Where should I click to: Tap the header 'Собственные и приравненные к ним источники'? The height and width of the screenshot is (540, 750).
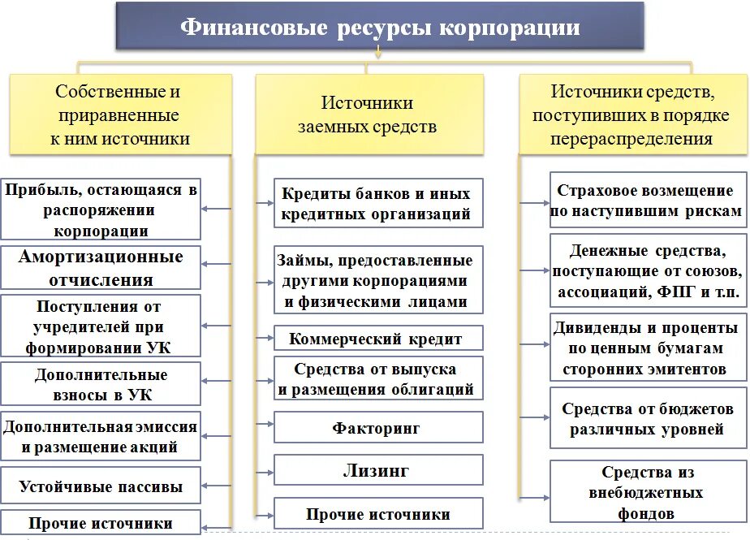pyautogui.click(x=119, y=114)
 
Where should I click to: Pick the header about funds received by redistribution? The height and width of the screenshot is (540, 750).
pyautogui.click(x=631, y=114)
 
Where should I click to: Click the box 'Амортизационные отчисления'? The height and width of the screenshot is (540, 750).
pyautogui.click(x=101, y=269)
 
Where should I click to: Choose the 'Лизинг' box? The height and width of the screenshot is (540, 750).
pyautogui.click(x=377, y=470)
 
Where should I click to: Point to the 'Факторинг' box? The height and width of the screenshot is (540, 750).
pyautogui.click(x=377, y=427)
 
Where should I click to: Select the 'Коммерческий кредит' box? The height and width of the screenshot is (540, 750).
pyautogui.click(x=377, y=339)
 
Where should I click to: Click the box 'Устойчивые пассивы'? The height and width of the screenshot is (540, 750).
pyautogui.click(x=101, y=487)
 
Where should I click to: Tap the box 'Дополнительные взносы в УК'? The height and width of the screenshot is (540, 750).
pyautogui.click(x=101, y=385)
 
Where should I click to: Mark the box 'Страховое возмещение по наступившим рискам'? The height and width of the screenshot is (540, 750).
pyautogui.click(x=647, y=201)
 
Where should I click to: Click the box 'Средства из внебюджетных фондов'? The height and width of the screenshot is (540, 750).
pyautogui.click(x=647, y=492)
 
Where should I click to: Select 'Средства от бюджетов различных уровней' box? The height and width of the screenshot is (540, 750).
pyautogui.click(x=647, y=419)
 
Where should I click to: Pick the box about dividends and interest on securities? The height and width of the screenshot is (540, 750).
pyautogui.click(x=647, y=348)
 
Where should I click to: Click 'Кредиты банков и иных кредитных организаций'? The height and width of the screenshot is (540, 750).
pyautogui.click(x=377, y=204)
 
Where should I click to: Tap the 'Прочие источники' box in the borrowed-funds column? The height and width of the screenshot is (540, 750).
pyautogui.click(x=377, y=514)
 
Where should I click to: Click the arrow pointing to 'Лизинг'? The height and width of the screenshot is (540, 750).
pyautogui.click(x=264, y=470)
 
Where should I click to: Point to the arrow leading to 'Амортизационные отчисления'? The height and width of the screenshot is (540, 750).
pyautogui.click(x=215, y=264)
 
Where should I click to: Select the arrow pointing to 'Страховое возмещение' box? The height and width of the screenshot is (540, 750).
pyautogui.click(x=533, y=201)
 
